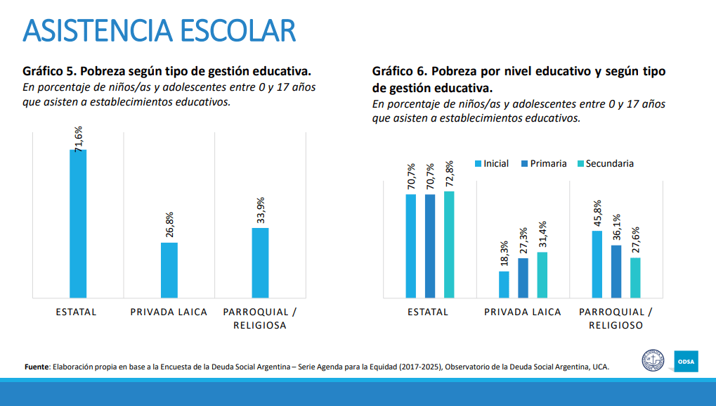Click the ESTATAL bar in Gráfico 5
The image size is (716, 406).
(78, 223)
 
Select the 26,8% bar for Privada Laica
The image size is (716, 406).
(169, 269)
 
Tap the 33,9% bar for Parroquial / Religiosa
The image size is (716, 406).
(260, 262)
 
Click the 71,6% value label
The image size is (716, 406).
(79, 138)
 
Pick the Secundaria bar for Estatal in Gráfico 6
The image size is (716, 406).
(449, 244)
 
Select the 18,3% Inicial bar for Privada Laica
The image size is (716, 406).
(504, 284)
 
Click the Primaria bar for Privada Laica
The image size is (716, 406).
(523, 278)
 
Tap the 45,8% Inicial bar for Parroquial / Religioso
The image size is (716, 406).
(597, 264)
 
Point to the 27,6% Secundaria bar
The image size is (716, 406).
(635, 277)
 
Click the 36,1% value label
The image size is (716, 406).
(617, 228)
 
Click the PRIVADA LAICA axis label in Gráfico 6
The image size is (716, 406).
(522, 312)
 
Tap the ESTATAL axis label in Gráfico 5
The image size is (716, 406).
(76, 312)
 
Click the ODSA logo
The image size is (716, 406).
(686, 362)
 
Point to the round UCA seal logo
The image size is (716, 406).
(653, 362)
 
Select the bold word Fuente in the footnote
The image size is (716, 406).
(36, 367)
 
